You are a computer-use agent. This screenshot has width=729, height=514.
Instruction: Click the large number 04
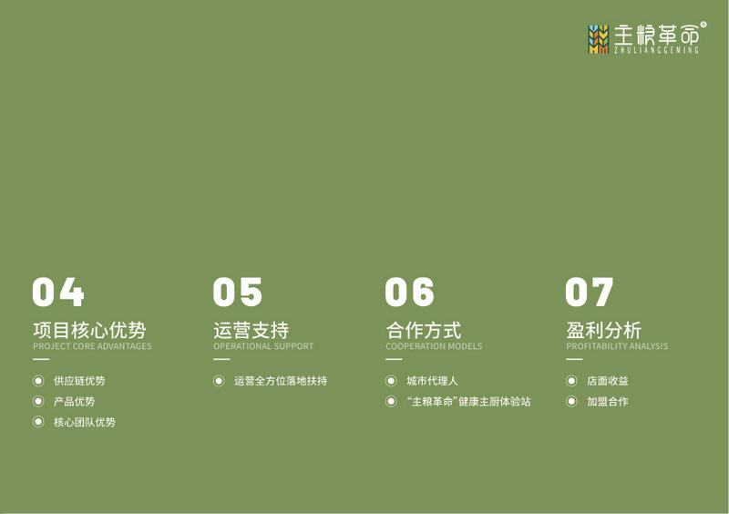(58, 292)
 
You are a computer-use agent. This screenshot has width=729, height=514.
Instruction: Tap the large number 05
(238, 292)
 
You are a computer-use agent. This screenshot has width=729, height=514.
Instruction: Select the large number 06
(409, 292)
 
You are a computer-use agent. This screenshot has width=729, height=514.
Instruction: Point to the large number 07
(589, 292)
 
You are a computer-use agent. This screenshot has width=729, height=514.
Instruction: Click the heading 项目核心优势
(89, 330)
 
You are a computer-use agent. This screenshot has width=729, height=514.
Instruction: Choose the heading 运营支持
(252, 330)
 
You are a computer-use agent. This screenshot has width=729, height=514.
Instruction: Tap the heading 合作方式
(423, 330)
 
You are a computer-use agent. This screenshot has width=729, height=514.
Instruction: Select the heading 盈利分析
(603, 330)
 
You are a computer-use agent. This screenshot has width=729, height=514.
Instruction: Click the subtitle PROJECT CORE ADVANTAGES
(92, 346)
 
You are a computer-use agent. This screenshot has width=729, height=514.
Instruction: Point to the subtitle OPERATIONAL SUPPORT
(263, 346)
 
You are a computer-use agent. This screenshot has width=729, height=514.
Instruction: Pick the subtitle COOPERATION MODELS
(434, 346)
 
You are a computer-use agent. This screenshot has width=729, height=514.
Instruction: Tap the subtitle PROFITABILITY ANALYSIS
(617, 346)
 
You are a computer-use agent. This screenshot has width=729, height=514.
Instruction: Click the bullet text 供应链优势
(79, 381)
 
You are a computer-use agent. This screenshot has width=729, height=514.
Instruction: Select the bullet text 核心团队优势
(85, 422)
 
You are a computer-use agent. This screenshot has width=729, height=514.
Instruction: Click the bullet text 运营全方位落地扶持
(281, 381)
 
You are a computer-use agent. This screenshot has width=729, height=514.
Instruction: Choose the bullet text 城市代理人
(432, 381)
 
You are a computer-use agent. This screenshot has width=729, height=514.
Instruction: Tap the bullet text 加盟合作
(607, 401)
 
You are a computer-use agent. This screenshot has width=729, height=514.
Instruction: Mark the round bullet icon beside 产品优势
(38, 401)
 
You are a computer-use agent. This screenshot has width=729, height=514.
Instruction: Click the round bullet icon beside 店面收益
(571, 381)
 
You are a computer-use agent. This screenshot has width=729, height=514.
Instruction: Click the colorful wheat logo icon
(599, 39)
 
